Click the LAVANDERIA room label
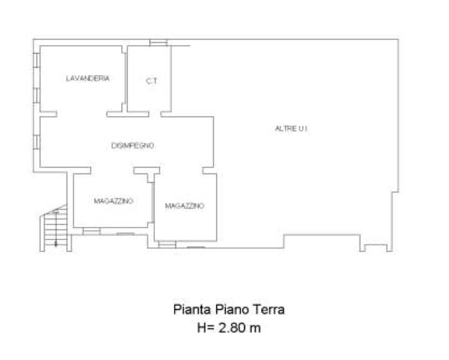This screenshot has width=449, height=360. (x=88, y=78)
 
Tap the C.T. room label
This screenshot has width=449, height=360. (x=152, y=81)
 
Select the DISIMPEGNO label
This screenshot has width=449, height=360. (x=132, y=146)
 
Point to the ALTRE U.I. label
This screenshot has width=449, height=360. (x=291, y=129)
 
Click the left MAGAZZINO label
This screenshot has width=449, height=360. (x=114, y=201)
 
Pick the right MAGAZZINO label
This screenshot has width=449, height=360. (x=185, y=206)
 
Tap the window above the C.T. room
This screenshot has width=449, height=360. (x=159, y=42)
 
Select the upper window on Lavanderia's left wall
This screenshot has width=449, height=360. (x=37, y=60)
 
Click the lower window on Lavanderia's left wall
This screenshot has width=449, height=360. (x=37, y=96)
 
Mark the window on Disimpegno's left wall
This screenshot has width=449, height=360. (x=37, y=142)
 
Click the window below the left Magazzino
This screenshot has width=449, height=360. (x=92, y=231)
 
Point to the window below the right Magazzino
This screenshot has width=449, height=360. (x=167, y=244)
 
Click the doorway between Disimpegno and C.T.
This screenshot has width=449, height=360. (x=155, y=114)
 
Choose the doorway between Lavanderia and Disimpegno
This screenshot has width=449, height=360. (x=82, y=114)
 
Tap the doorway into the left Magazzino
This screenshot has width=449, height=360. (x=112, y=170)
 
